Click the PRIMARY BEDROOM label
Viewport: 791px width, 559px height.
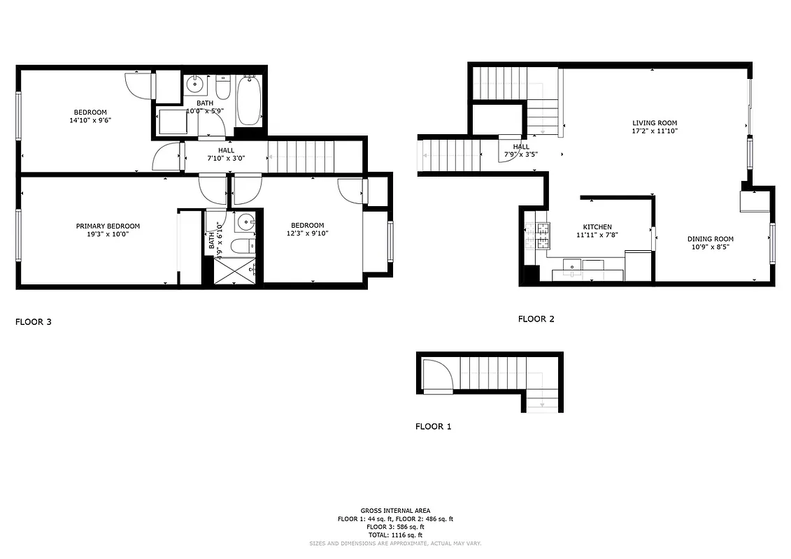108,226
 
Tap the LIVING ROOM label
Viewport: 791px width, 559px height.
655,122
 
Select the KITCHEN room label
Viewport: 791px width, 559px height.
597,226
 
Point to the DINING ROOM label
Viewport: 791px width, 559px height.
710,239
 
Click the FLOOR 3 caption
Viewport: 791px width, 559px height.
34,322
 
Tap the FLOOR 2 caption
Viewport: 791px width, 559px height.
536,319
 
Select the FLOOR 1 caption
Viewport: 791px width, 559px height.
433,426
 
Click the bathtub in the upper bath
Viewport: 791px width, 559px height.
249,102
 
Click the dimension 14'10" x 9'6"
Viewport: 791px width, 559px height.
90,120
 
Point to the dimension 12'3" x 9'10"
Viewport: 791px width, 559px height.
308,233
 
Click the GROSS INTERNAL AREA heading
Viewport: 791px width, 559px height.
395,511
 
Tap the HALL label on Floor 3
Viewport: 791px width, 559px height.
226,150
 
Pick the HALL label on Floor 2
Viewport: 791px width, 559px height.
521,147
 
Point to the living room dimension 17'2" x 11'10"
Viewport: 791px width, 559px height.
655,131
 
